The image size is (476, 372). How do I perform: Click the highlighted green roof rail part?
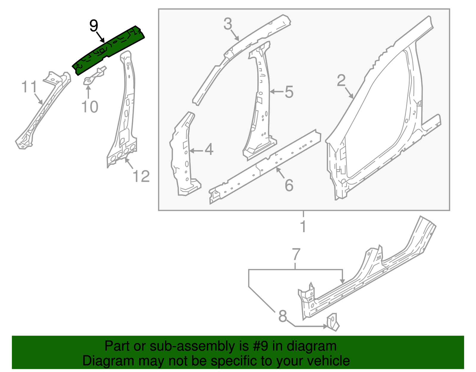click(x=109, y=51)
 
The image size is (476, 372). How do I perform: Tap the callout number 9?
click(x=93, y=26)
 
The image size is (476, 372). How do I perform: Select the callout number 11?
click(x=29, y=87)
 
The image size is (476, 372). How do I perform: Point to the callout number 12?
click(x=141, y=176)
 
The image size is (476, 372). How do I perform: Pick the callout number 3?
click(x=228, y=24)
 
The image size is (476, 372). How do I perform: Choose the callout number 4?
click(x=209, y=150)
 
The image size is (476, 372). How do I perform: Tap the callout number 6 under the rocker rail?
click(x=289, y=185)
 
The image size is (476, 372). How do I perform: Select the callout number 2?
click(x=341, y=80)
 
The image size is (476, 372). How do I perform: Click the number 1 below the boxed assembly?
click(x=303, y=226)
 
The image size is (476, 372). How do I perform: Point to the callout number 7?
click(x=296, y=255)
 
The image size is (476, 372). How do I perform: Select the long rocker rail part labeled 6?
click(x=265, y=167)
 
